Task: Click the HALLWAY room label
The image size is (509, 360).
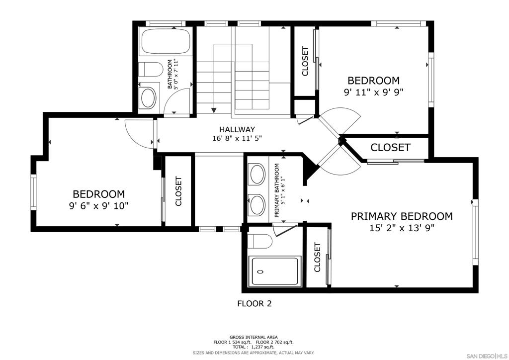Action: [x=237, y=129]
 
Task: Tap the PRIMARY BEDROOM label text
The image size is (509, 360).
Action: [x=402, y=216]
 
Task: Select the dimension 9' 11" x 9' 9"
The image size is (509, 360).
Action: [x=374, y=92]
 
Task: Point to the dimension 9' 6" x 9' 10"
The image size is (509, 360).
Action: [x=99, y=206]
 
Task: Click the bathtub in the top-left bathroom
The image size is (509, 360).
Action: [x=166, y=41]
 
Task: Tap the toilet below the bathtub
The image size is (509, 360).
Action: [x=150, y=70]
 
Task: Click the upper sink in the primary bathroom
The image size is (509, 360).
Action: [x=257, y=175]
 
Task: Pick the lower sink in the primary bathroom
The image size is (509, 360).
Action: [x=257, y=204]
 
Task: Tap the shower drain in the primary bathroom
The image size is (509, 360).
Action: [x=260, y=271]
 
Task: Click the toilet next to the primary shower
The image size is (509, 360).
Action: [x=259, y=241]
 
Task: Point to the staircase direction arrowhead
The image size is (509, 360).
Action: [x=214, y=110]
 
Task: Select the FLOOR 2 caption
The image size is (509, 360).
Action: [x=254, y=304]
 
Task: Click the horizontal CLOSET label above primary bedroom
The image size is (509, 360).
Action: [x=390, y=148]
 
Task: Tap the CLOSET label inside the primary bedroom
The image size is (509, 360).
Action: [x=318, y=258]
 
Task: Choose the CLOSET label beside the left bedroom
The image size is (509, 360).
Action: [x=178, y=191]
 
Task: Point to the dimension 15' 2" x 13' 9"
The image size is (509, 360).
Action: [x=402, y=228]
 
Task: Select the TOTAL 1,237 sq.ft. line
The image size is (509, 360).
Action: [x=254, y=347]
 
